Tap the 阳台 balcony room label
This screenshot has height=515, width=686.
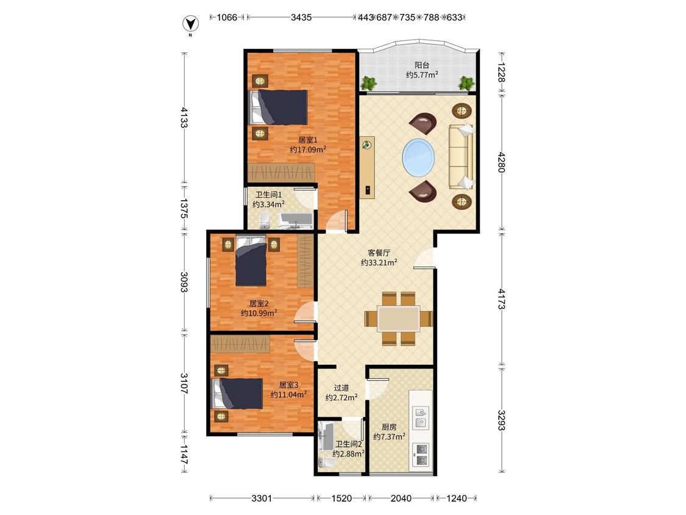[x=422, y=65]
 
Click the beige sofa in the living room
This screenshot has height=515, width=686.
[x=461, y=156]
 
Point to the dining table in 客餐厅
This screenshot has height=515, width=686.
[x=399, y=318]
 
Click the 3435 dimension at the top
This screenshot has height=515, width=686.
[x=301, y=18]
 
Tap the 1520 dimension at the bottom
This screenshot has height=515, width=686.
[x=341, y=498]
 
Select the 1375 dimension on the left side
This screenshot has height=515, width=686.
[x=184, y=209]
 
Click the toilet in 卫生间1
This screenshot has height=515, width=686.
[x=264, y=221]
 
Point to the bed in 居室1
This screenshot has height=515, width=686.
[x=278, y=107]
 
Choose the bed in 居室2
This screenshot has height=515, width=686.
[x=251, y=261]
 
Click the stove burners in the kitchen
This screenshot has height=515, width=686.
[x=421, y=455]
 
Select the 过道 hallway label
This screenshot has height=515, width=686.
[x=341, y=387]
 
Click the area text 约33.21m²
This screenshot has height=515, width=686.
[x=379, y=263]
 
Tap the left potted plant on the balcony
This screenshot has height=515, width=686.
[x=369, y=83]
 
